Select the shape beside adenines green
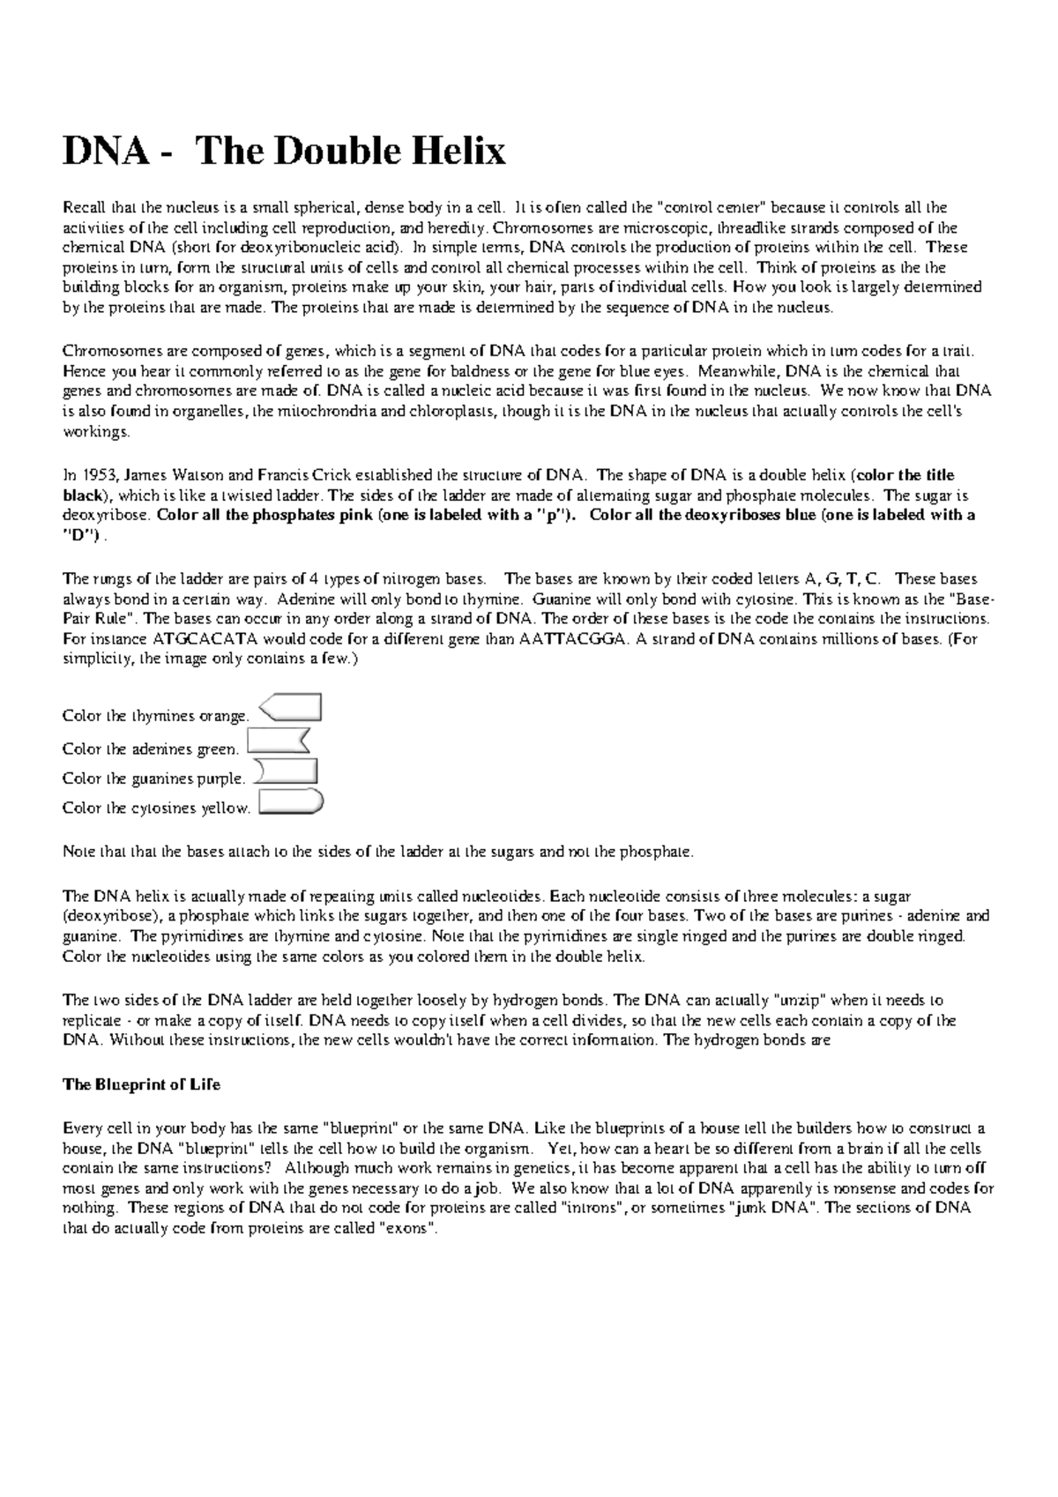[x=280, y=741]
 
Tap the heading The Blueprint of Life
[x=141, y=1085]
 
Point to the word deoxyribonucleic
[x=279, y=248]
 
